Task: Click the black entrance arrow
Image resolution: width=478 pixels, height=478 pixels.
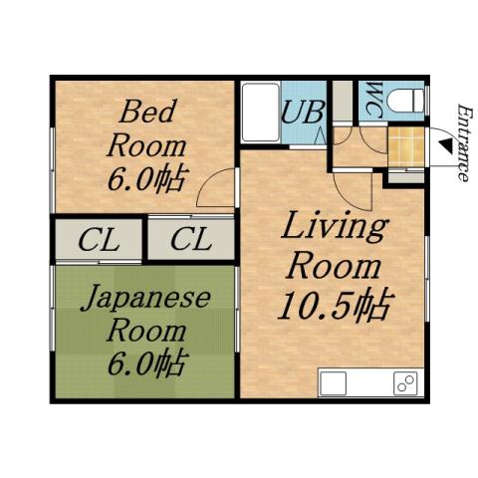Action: click(443, 147)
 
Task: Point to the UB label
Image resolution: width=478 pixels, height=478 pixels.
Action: click(301, 111)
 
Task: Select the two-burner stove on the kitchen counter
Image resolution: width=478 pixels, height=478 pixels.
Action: click(404, 383)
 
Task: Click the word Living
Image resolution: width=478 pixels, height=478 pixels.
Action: click(334, 227)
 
